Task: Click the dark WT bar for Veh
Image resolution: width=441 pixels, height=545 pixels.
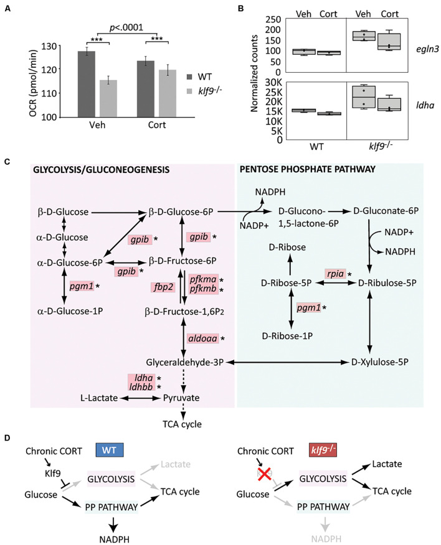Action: tap(87, 84)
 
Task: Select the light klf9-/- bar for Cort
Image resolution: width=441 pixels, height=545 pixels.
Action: tap(168, 93)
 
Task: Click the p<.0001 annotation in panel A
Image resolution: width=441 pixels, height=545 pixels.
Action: tap(126, 27)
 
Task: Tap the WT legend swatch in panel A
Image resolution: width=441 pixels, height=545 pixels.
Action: tap(190, 77)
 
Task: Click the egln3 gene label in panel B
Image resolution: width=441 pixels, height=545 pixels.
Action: tap(427, 49)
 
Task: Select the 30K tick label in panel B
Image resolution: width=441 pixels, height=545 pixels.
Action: tap(273, 82)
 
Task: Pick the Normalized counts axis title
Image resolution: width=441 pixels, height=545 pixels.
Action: tap(254, 73)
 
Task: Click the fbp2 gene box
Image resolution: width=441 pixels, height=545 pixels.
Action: tap(164, 287)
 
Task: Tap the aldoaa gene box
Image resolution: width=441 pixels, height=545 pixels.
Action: tap(202, 338)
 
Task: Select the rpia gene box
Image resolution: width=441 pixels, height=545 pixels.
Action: tap(335, 274)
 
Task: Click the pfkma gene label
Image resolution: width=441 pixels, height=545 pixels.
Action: tap(203, 279)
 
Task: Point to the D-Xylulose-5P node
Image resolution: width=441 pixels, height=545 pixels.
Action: tap(380, 362)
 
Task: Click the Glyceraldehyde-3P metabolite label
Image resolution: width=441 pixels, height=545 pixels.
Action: tap(184, 363)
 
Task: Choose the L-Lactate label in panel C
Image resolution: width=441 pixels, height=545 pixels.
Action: tap(99, 398)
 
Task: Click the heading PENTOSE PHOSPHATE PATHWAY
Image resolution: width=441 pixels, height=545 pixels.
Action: tap(308, 169)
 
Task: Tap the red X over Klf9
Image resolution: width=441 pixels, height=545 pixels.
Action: tap(265, 473)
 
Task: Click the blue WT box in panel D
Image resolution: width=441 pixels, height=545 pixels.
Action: tap(109, 450)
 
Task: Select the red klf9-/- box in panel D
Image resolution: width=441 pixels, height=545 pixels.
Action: tap(322, 450)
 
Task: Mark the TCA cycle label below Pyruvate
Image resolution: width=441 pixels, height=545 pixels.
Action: tap(182, 424)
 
